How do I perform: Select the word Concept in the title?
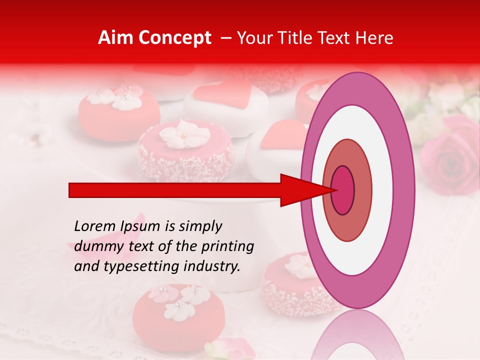[174, 38]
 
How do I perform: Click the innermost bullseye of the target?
[342, 190]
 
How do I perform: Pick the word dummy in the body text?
[94, 246]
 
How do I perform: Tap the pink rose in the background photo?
[450, 155]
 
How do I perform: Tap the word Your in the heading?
[255, 38]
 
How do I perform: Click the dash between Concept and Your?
[225, 38]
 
